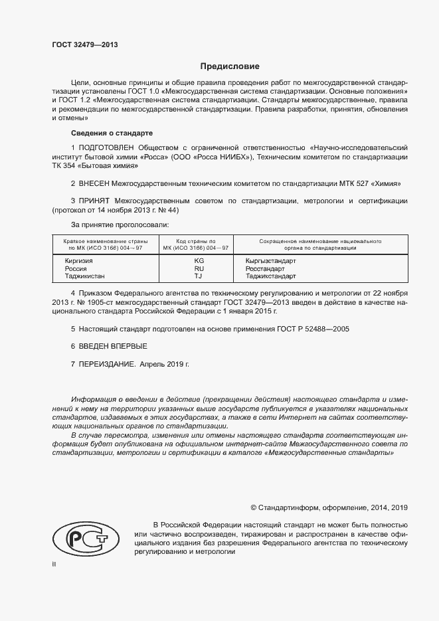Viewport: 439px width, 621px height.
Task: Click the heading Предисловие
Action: point(230,66)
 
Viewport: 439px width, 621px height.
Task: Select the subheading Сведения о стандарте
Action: point(112,133)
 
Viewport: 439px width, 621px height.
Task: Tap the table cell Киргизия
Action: point(78,261)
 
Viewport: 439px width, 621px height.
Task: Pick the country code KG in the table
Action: point(199,261)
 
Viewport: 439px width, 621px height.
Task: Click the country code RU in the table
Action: point(199,268)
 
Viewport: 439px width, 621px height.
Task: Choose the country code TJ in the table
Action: point(199,276)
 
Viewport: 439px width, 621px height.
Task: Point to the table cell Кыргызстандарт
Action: point(270,261)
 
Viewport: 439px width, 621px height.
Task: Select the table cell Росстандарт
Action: point(266,268)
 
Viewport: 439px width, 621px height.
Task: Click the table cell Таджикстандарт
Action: point(270,276)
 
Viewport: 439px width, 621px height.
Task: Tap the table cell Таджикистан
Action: point(84,276)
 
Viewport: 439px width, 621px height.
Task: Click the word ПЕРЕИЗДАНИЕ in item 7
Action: point(108,364)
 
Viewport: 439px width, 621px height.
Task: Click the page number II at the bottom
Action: point(54,564)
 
